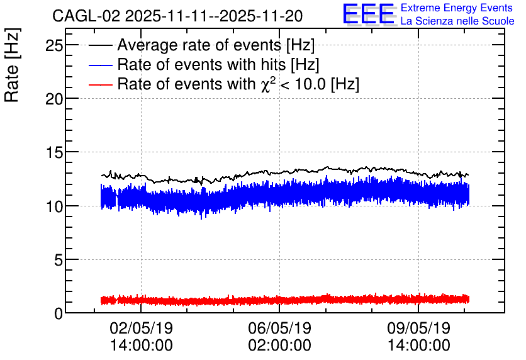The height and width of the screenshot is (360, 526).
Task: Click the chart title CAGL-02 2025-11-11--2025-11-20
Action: (x=177, y=16)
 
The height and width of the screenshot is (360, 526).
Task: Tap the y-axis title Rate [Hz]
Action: (x=12, y=65)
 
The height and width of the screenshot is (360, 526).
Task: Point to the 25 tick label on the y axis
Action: (x=54, y=45)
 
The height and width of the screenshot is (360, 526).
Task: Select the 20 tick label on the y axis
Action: (x=54, y=99)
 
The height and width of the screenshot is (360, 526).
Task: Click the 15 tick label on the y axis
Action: (x=54, y=153)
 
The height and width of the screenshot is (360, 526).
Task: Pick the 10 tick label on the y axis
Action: (x=54, y=206)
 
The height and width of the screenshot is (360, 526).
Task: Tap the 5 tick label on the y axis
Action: (x=59, y=260)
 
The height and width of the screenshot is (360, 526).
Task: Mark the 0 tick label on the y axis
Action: (x=59, y=313)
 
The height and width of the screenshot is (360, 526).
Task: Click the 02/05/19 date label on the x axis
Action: (x=141, y=328)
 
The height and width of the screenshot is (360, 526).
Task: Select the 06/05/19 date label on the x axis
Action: (x=280, y=328)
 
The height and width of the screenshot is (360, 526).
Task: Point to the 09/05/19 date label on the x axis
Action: (x=418, y=328)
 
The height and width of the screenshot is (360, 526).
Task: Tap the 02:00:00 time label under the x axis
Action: (x=280, y=346)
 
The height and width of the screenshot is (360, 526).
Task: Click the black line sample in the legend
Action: (x=100, y=45)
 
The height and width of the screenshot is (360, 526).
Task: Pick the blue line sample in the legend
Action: (x=100, y=65)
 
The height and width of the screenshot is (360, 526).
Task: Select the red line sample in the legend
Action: (x=100, y=84)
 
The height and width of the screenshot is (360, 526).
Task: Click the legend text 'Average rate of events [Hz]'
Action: (x=216, y=45)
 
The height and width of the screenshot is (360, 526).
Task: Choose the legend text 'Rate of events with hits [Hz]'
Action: (x=218, y=64)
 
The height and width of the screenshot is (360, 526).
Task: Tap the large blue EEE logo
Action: (x=369, y=14)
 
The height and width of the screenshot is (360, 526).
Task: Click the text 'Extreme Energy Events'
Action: (x=457, y=8)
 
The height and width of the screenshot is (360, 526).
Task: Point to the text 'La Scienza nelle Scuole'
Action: (x=457, y=21)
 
